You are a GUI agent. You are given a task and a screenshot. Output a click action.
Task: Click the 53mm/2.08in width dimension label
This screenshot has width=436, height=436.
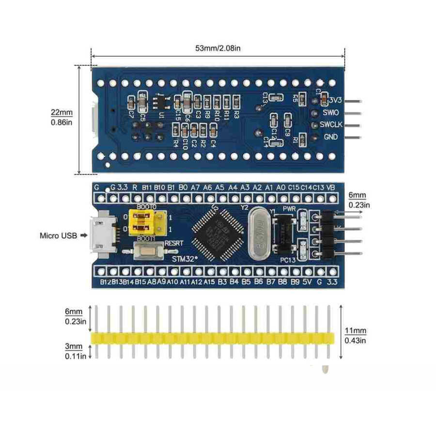218,48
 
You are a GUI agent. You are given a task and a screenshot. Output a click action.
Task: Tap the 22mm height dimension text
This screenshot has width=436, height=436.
62,112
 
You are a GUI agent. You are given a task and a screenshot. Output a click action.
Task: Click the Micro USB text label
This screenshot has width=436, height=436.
58,236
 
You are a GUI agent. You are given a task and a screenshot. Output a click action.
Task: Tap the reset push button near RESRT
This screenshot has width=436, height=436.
145,252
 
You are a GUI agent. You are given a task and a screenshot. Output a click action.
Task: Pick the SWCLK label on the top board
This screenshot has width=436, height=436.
331,125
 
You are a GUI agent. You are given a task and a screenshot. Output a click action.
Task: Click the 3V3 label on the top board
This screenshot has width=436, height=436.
335,100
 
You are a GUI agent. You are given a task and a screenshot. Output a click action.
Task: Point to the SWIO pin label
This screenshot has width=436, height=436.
330,112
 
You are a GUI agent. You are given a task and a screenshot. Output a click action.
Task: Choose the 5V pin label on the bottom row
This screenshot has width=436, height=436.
306,282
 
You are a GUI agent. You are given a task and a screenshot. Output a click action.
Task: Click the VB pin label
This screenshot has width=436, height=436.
331,187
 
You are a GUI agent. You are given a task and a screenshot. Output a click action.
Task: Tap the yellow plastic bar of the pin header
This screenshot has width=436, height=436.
213,338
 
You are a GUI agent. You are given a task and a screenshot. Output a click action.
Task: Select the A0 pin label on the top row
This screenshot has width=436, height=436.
281,187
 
